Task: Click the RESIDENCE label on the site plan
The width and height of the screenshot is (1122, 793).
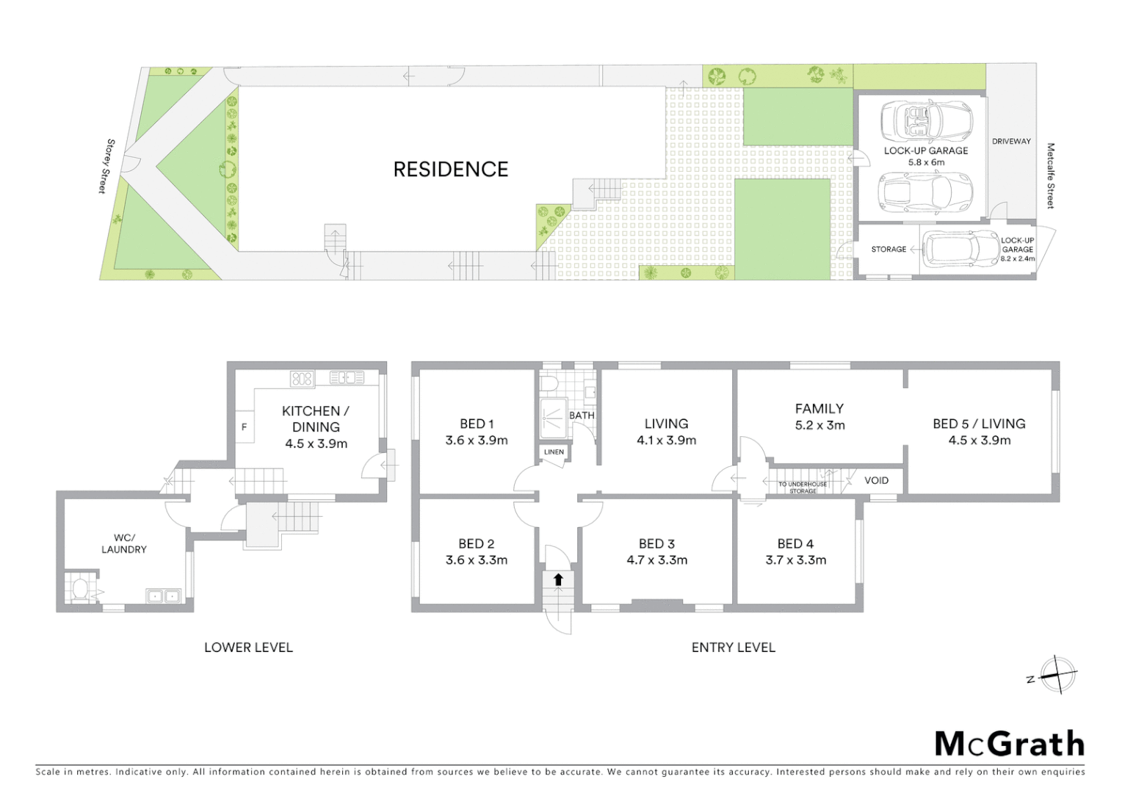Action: coord(450,170)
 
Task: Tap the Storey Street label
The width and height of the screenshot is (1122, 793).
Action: coord(107,166)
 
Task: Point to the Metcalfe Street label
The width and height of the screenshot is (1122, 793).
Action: coord(1051,176)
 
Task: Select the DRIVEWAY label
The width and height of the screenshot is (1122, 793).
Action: coord(1011,141)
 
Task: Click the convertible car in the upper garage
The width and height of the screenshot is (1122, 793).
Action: coord(926,121)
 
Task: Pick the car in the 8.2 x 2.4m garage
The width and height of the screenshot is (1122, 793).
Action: coord(951,249)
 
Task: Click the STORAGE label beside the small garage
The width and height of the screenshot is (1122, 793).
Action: coord(888,250)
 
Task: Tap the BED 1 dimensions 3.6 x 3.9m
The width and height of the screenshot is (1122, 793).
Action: coord(477,441)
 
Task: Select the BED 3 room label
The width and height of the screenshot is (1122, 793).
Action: coord(656,544)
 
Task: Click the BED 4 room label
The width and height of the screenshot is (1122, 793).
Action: coord(795,544)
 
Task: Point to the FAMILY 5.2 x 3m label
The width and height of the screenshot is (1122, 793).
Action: coord(819,416)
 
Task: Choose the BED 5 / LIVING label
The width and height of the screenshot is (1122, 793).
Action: coord(979,424)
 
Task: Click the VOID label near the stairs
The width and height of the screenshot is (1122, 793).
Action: coord(876,480)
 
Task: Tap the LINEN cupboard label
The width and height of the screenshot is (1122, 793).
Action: coord(554,452)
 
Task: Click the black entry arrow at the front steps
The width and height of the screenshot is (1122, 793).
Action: coord(558,580)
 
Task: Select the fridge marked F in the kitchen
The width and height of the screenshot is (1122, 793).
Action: coord(245,427)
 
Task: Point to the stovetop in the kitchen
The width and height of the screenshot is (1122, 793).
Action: coord(302,379)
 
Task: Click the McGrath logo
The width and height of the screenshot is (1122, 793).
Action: coord(1009,745)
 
